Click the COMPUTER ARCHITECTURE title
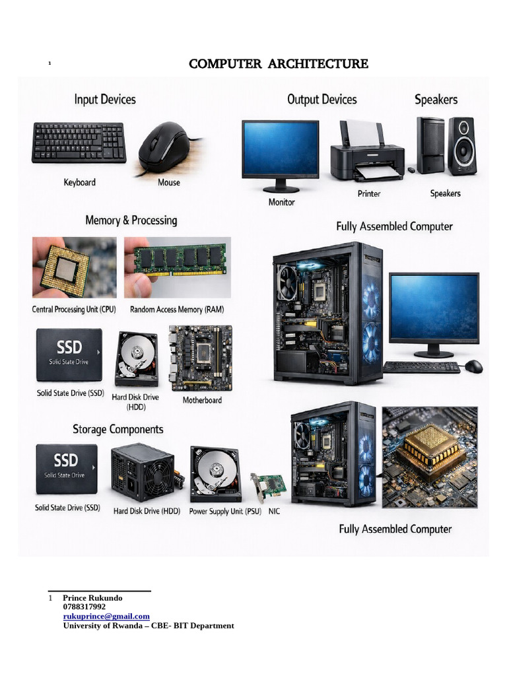[278, 64]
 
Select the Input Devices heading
[105, 100]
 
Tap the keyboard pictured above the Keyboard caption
[79, 143]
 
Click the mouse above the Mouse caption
[164, 147]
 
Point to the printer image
[367, 152]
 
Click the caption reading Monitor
[281, 202]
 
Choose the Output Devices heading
[321, 100]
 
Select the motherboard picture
[201, 358]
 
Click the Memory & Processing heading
[131, 220]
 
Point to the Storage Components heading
[118, 430]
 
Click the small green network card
[268, 485]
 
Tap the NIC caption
[274, 512]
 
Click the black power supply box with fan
[141, 471]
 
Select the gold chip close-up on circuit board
[430, 456]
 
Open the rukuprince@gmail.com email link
[106, 617]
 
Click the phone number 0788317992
[84, 607]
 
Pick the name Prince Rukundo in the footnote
[92, 598]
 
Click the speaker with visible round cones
[461, 145]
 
